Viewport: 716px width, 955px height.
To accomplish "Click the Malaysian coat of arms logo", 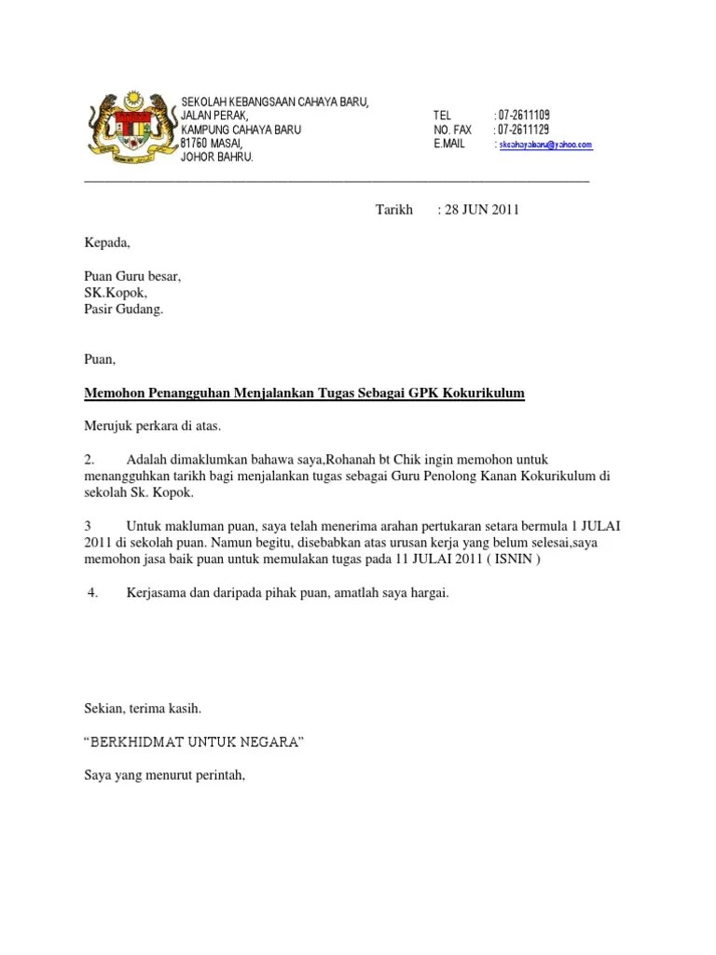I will pyautogui.click(x=130, y=130).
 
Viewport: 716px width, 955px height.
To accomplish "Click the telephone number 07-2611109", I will pyautogui.click(x=524, y=115).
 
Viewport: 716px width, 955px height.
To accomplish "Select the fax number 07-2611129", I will pyautogui.click(x=524, y=130).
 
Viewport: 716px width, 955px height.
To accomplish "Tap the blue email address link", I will pyautogui.click(x=545, y=145).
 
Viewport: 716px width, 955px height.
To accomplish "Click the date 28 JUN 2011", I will pyautogui.click(x=481, y=210).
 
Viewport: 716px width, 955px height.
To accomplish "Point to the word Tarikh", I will pyautogui.click(x=393, y=210).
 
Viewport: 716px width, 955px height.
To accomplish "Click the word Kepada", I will pyautogui.click(x=108, y=243).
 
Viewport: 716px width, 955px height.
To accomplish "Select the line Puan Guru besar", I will pyautogui.click(x=133, y=277).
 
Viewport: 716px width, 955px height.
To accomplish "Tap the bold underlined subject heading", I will pyautogui.click(x=305, y=394).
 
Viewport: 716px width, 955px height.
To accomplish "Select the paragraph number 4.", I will pyautogui.click(x=92, y=592).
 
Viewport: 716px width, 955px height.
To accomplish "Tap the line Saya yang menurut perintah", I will pyautogui.click(x=164, y=773).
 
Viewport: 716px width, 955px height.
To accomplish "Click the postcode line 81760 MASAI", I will pyautogui.click(x=212, y=145).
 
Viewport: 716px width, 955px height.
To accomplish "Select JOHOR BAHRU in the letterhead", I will pyautogui.click(x=216, y=159).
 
